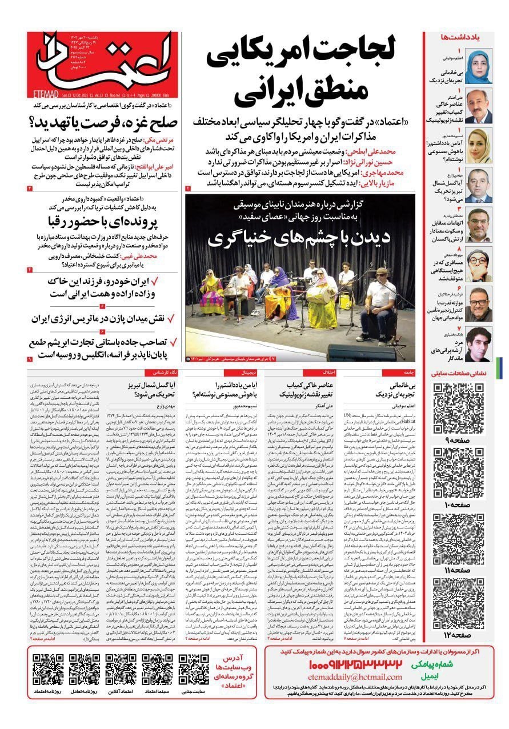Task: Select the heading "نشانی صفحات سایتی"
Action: point(460,374)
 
